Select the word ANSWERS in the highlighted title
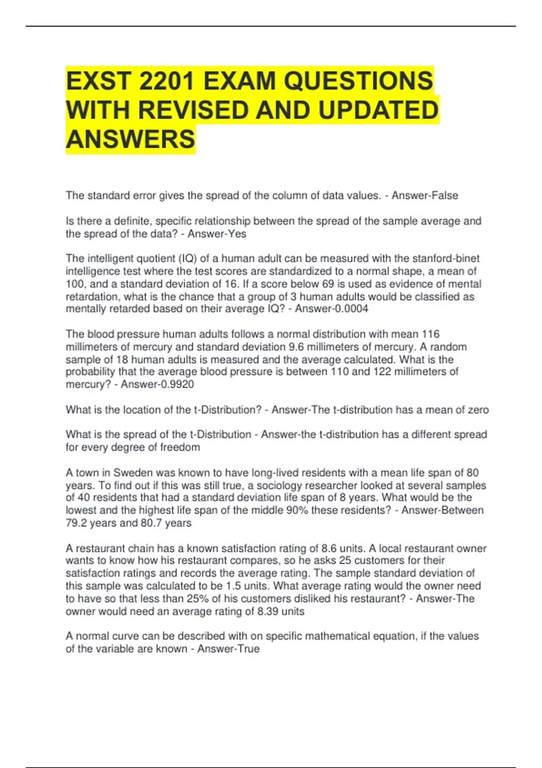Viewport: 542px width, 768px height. (131, 139)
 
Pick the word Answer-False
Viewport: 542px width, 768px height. (425, 196)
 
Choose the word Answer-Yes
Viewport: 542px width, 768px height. (217, 234)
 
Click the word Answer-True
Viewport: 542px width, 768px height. (229, 649)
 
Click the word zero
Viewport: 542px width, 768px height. (478, 410)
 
